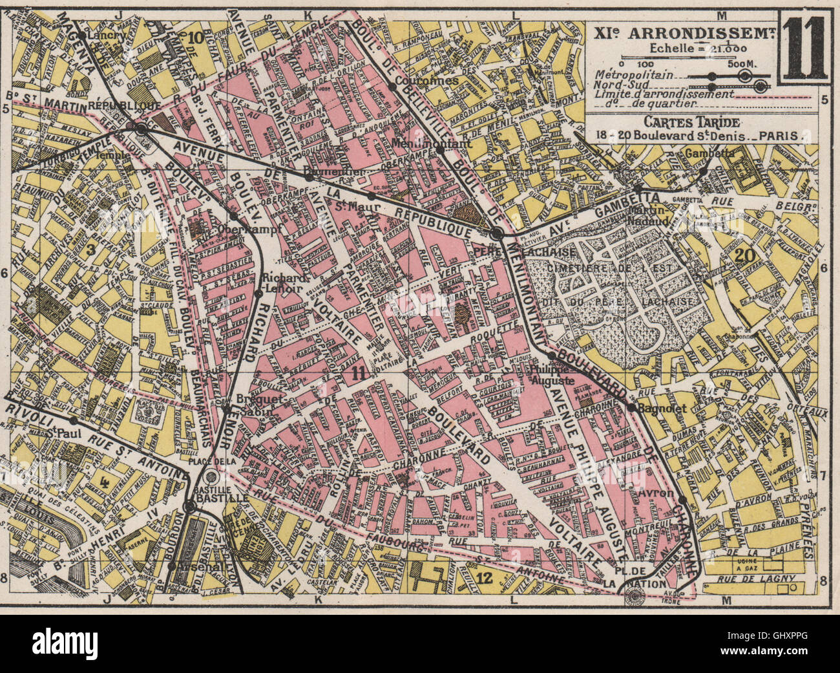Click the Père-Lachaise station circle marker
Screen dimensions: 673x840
coord(497,234)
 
